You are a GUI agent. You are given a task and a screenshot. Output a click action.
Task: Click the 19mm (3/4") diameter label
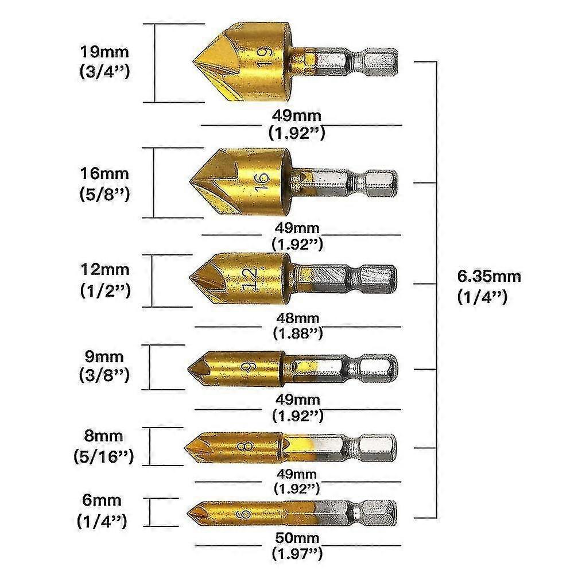click(104, 62)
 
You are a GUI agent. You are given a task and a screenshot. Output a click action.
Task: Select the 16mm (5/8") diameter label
click(104, 184)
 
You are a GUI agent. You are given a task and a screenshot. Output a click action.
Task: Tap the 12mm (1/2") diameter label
click(105, 280)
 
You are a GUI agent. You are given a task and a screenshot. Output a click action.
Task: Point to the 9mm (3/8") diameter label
click(104, 366)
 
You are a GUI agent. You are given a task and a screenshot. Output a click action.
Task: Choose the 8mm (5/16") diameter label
click(103, 446)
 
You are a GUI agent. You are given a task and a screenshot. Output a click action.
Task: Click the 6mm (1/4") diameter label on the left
click(102, 511)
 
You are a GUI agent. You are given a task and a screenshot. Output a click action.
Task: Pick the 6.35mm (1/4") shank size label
click(489, 286)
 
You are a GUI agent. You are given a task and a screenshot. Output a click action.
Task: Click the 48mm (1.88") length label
click(297, 325)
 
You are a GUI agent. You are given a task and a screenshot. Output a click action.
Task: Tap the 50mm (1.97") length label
click(297, 546)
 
